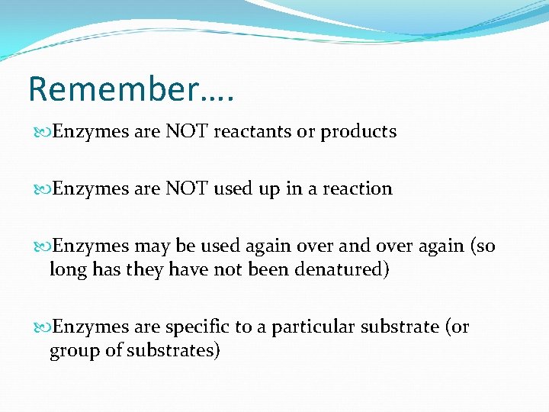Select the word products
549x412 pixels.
358,132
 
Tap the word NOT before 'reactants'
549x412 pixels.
186,131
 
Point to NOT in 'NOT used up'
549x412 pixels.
186,188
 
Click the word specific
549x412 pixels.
197,327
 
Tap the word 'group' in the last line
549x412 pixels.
71,352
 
